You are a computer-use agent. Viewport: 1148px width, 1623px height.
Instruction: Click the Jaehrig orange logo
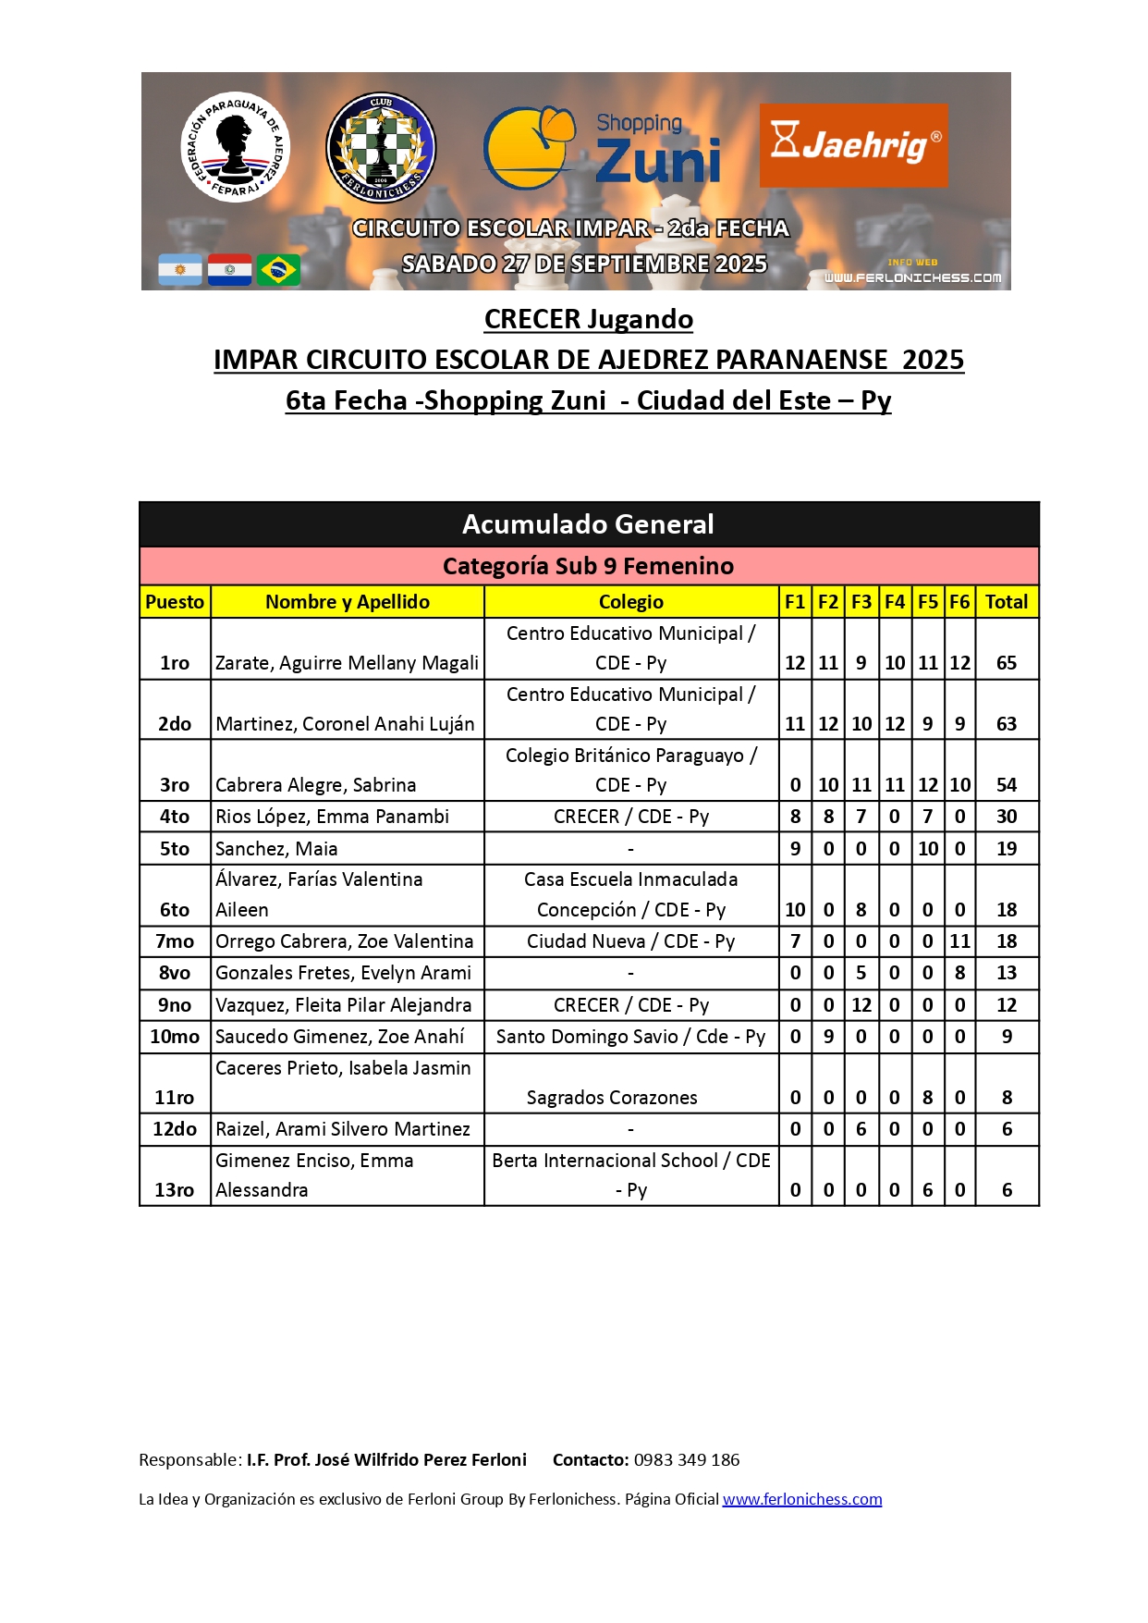click(853, 145)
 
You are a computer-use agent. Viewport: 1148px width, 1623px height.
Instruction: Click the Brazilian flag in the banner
click(278, 270)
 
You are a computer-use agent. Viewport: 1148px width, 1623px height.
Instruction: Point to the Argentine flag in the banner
click(180, 270)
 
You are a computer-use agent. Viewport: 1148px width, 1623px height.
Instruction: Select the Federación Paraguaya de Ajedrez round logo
click(235, 147)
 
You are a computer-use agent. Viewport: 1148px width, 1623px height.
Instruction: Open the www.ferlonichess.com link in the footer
click(801, 1499)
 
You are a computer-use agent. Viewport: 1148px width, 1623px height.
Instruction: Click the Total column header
click(1007, 602)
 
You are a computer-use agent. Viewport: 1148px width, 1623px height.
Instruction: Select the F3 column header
click(861, 602)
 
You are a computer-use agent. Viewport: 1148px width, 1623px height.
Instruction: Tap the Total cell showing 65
click(1007, 663)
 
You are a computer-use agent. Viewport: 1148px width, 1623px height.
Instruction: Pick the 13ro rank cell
click(175, 1190)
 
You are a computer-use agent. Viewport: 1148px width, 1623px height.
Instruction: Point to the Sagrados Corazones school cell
click(612, 1098)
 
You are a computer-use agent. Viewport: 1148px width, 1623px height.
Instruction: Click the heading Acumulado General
click(588, 524)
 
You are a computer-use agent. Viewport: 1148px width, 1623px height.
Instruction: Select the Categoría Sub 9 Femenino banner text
click(588, 566)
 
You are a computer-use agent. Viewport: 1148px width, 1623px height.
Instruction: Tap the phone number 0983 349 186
click(687, 1460)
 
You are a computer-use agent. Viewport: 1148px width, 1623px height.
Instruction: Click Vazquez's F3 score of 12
click(861, 1005)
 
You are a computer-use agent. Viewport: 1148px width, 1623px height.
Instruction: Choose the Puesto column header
click(175, 602)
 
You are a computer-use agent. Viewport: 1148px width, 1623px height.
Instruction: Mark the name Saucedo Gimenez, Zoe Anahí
click(339, 1037)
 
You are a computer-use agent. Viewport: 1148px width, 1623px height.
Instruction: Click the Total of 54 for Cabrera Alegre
click(1007, 785)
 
